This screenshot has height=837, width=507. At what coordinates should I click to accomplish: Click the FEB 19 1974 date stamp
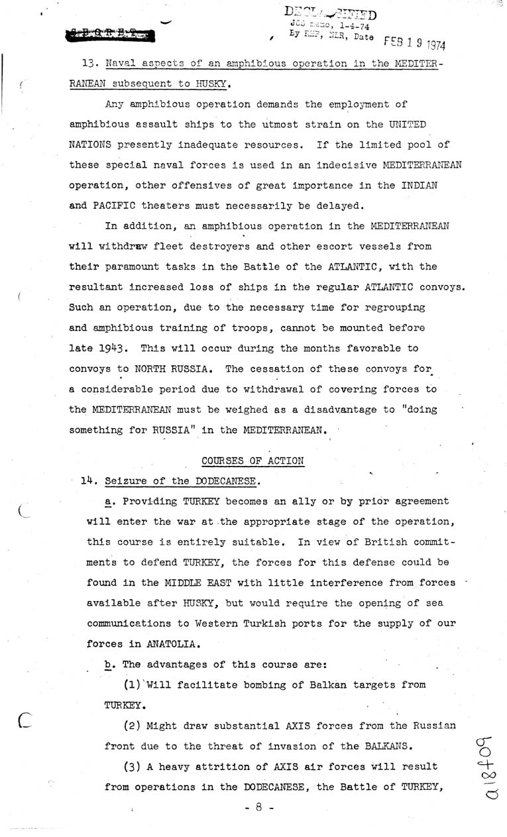tap(415, 46)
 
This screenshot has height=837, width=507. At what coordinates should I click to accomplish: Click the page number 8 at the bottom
tap(254, 809)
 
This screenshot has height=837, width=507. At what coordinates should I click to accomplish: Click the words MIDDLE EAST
tap(188, 583)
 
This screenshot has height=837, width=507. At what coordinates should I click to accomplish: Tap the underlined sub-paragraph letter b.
tap(108, 665)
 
